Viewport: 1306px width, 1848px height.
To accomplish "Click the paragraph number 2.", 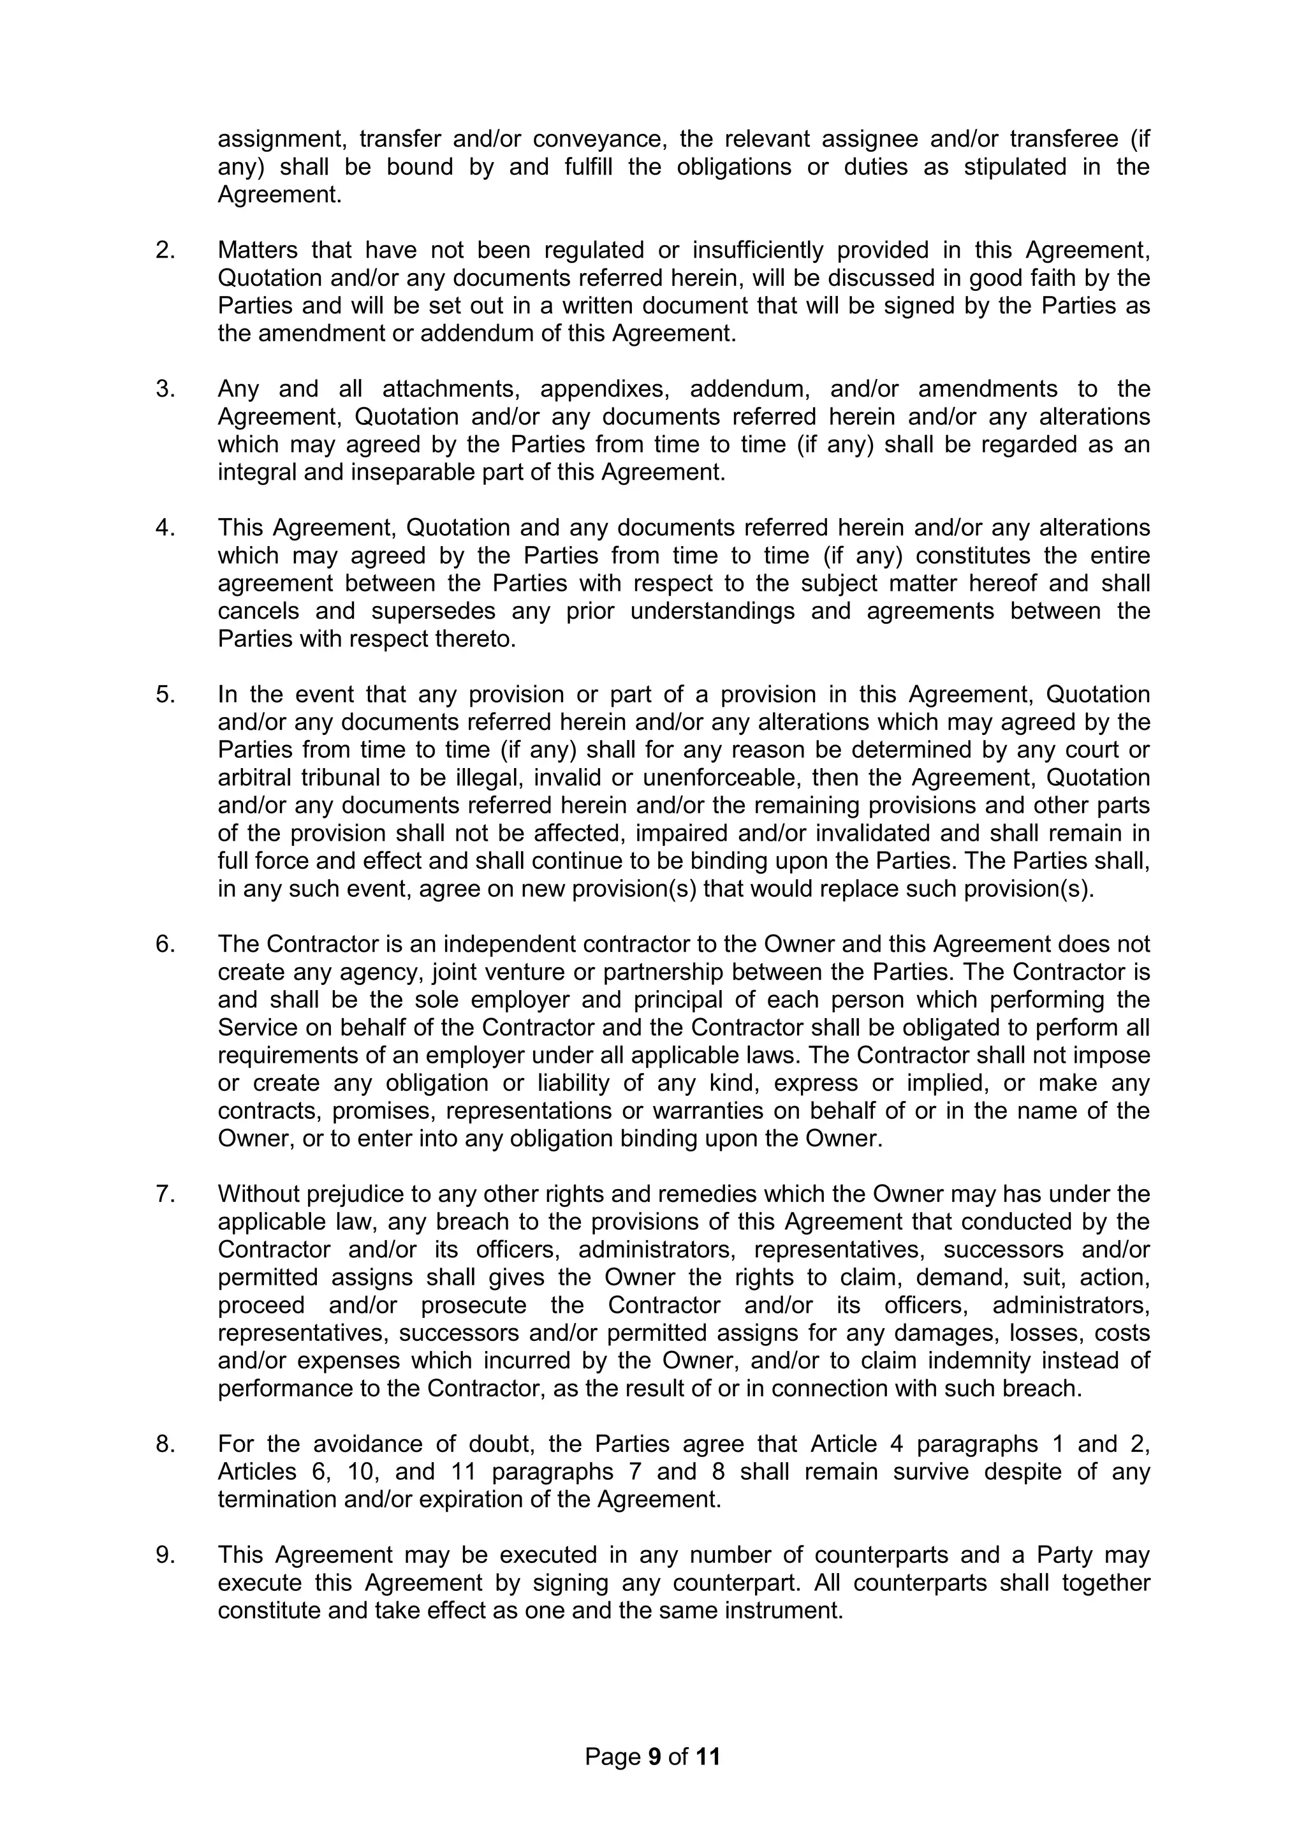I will coord(165,250).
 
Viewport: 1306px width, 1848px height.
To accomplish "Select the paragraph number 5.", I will coord(165,694).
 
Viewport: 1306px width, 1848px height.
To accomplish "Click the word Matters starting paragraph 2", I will coord(258,250).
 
